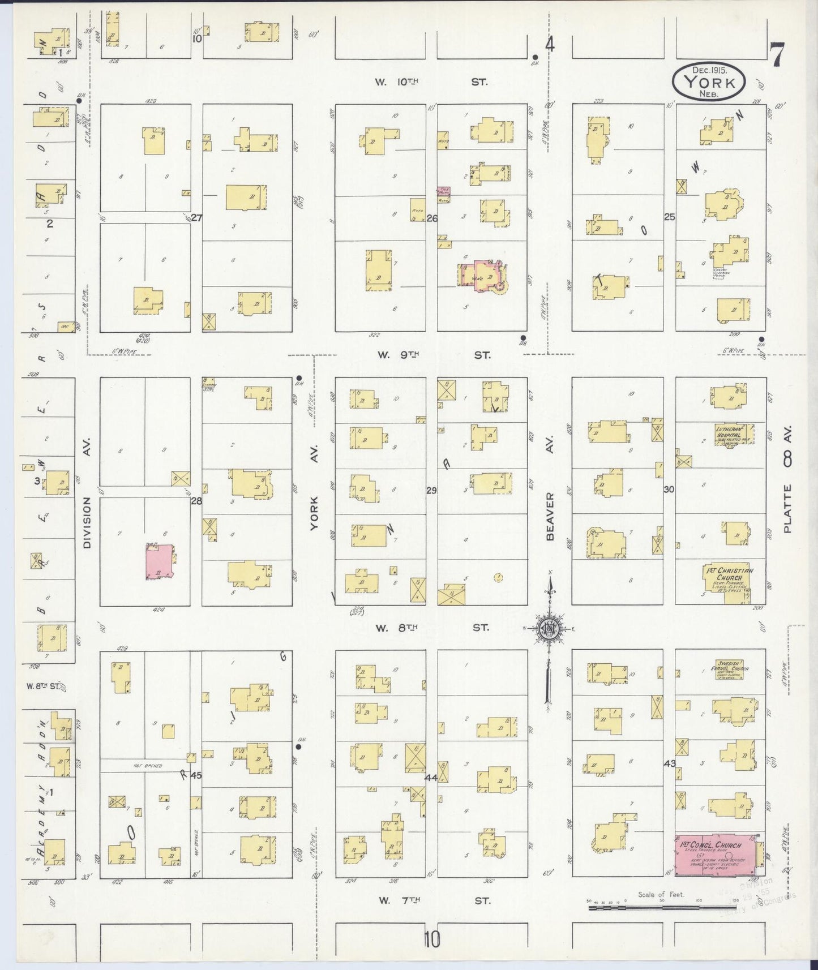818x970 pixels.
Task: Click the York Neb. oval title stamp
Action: click(x=709, y=82)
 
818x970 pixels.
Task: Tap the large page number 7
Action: click(x=777, y=55)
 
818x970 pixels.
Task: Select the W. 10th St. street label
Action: click(x=430, y=82)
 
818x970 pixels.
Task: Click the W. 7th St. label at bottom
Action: click(x=434, y=900)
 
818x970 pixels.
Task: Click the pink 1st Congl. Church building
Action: click(x=716, y=855)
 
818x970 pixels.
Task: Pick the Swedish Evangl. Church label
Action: click(x=732, y=666)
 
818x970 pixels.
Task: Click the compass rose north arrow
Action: click(x=549, y=628)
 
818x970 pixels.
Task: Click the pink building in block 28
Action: click(x=160, y=563)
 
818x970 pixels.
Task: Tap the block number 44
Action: click(x=431, y=778)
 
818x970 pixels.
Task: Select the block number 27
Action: click(x=196, y=218)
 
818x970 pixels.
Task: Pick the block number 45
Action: click(x=196, y=775)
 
